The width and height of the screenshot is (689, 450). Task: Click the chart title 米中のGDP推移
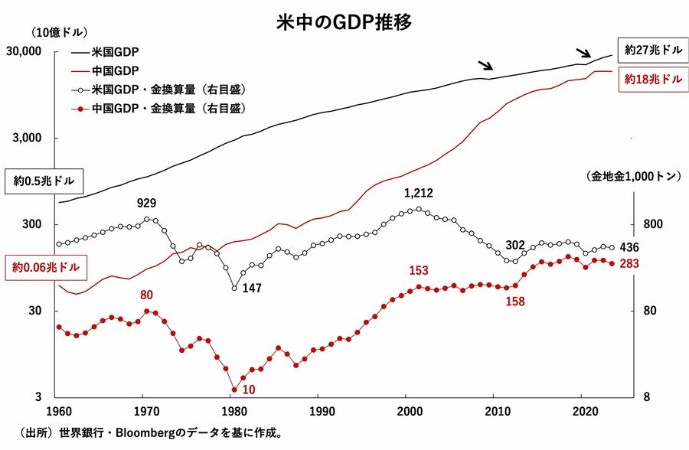tap(344, 21)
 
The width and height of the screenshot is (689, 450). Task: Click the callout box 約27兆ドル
tap(653, 51)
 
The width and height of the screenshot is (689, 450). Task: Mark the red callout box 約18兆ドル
tap(653, 79)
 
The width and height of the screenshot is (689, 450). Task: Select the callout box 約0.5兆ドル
tap(43, 181)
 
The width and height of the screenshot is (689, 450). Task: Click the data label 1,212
tap(418, 193)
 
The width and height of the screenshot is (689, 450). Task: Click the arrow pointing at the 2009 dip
tap(485, 67)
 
